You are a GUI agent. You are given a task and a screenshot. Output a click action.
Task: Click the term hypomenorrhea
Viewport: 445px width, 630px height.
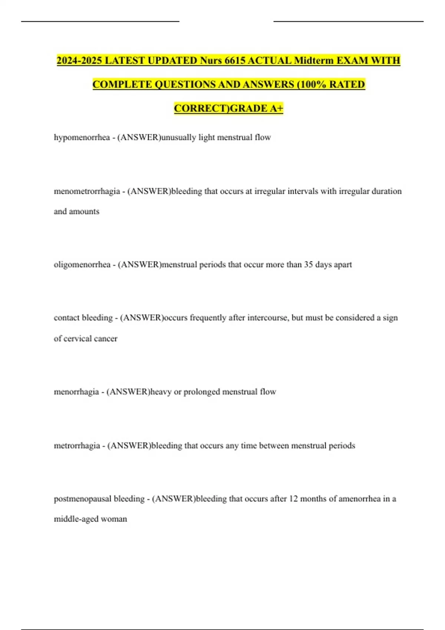click(x=82, y=137)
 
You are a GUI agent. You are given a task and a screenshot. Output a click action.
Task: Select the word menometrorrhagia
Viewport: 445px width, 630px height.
click(x=87, y=192)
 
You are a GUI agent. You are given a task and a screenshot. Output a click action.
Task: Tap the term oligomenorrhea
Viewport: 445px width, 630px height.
click(x=82, y=265)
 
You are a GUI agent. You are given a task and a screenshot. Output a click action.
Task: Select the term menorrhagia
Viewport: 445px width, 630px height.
click(x=76, y=392)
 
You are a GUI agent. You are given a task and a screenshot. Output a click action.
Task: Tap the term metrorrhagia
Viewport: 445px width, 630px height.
click(x=77, y=445)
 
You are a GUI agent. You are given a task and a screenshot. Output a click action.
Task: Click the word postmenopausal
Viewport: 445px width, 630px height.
click(x=82, y=499)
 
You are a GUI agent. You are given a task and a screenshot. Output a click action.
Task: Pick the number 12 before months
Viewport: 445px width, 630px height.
click(x=293, y=499)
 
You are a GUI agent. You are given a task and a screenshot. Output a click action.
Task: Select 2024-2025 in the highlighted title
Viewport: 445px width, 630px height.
click(x=79, y=60)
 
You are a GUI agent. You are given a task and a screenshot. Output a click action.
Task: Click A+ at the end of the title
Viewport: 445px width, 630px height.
click(x=276, y=109)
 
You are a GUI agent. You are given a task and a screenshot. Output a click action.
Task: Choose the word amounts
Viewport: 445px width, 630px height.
click(x=86, y=212)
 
